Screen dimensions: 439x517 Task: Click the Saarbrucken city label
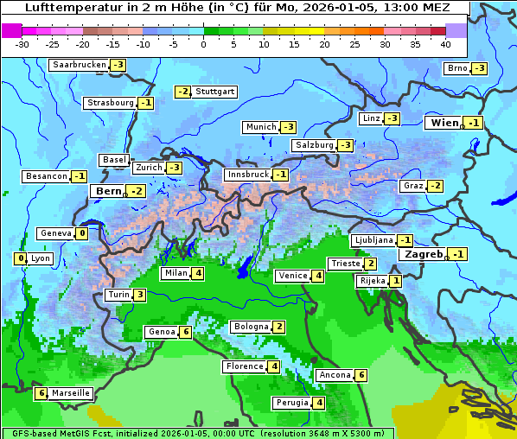pyautogui.click(x=80, y=65)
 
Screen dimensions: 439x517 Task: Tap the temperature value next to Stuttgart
pyautogui.click(x=182, y=92)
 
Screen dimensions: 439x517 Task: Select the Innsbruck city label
pyautogui.click(x=247, y=175)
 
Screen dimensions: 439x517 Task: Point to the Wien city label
pyautogui.click(x=444, y=123)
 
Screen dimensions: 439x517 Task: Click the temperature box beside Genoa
pyautogui.click(x=185, y=332)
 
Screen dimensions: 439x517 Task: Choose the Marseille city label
pyautogui.click(x=71, y=393)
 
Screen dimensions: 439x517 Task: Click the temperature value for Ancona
pyautogui.click(x=361, y=375)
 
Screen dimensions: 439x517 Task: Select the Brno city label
pyautogui.click(x=456, y=68)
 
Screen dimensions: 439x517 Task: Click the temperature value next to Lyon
pyautogui.click(x=20, y=258)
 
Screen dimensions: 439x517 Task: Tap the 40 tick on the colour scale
pyautogui.click(x=445, y=43)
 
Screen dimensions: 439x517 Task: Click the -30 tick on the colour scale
pyautogui.click(x=22, y=43)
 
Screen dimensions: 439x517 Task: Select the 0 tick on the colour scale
pyautogui.click(x=204, y=43)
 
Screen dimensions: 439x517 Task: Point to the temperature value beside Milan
pyautogui.click(x=198, y=274)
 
